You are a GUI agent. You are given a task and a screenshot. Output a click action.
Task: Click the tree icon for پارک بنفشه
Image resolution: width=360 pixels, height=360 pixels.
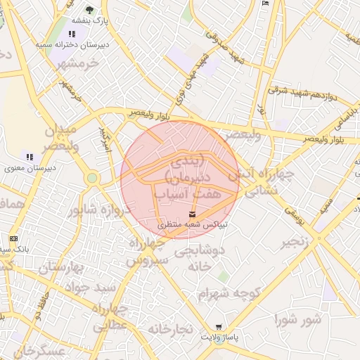click(x=89, y=9)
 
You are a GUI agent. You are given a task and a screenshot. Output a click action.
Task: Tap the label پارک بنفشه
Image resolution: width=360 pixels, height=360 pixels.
click(x=89, y=21)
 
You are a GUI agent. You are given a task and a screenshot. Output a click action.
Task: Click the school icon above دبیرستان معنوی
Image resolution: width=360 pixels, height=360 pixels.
click(x=30, y=156)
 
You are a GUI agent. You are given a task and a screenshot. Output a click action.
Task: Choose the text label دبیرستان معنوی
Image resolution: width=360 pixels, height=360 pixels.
click(x=30, y=168)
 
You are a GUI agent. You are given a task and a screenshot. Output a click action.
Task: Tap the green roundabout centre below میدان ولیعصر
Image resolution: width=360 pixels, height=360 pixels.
click(x=91, y=178)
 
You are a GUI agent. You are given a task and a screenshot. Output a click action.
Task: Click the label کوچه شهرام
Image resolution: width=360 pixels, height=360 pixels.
click(x=229, y=292)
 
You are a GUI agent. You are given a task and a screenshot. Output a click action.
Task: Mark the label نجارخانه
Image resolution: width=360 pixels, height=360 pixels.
click(x=169, y=328)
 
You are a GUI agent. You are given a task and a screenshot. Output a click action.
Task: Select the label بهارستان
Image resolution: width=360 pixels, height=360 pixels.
click(x=61, y=267)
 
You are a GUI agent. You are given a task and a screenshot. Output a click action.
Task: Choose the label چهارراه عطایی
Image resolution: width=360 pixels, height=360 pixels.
click(x=108, y=316)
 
